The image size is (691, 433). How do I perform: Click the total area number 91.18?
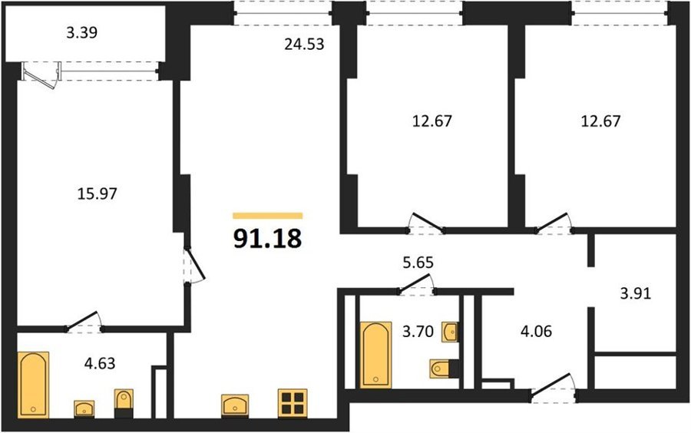pos(267,239)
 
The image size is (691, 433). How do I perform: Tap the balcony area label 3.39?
pos(82,32)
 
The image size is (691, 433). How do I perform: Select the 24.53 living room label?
pos(304,44)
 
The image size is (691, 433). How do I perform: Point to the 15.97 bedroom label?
pos(97,193)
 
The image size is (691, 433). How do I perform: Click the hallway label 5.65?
pos(418,262)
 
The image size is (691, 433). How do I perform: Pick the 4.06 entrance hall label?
pos(537,331)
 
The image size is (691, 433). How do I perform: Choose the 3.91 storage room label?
pos(636,293)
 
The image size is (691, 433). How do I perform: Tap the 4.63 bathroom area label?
pos(100,363)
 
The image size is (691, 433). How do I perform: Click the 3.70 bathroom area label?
pos(418,331)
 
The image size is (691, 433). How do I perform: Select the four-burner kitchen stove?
pos(293,403)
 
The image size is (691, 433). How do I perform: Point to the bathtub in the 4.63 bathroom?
pos(34,385)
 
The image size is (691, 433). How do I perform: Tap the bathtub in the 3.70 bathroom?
pos(375,355)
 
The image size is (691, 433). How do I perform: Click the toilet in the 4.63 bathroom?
pos(124,403)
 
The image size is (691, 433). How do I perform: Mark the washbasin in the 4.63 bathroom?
pos(84,408)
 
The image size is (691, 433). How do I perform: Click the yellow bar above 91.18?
pos(267,216)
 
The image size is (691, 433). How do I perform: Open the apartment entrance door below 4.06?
pos(553,388)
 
